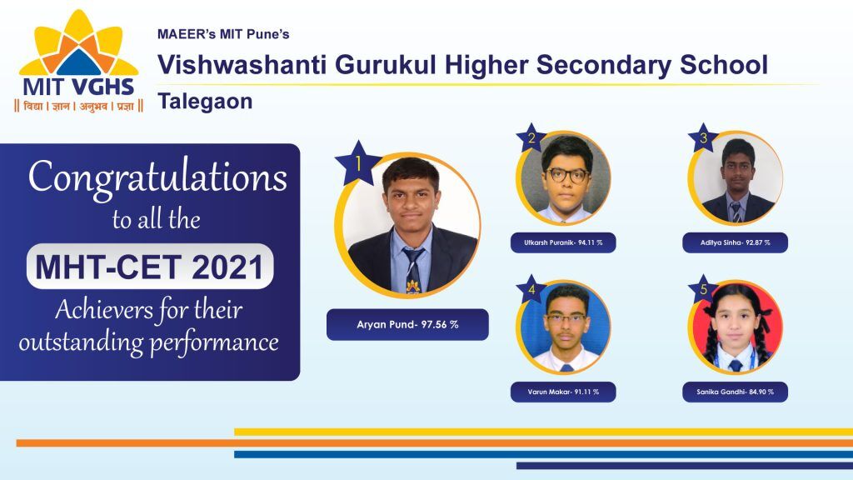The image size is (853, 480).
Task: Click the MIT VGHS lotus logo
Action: [79, 61]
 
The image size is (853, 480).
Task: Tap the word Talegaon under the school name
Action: [205, 102]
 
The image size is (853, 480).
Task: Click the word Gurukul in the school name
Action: [386, 65]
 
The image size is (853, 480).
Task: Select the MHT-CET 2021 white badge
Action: [150, 266]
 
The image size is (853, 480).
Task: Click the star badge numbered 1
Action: [358, 162]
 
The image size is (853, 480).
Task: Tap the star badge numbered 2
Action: [531, 137]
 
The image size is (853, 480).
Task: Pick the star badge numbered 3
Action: [703, 137]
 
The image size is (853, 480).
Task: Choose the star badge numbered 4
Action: [531, 289]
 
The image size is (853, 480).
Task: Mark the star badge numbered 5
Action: [703, 289]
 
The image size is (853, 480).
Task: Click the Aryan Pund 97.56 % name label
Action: [407, 325]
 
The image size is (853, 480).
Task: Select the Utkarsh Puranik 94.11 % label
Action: [563, 242]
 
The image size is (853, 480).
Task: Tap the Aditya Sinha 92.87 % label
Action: [735, 242]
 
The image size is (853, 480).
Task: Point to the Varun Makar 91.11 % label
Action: [563, 392]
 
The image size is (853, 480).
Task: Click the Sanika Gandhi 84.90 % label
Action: [735, 392]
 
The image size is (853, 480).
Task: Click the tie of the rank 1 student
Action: [413, 270]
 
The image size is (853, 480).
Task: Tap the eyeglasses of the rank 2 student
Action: [566, 175]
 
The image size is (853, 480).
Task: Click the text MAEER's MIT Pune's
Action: [223, 34]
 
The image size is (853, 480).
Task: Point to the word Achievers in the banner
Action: [103, 310]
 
